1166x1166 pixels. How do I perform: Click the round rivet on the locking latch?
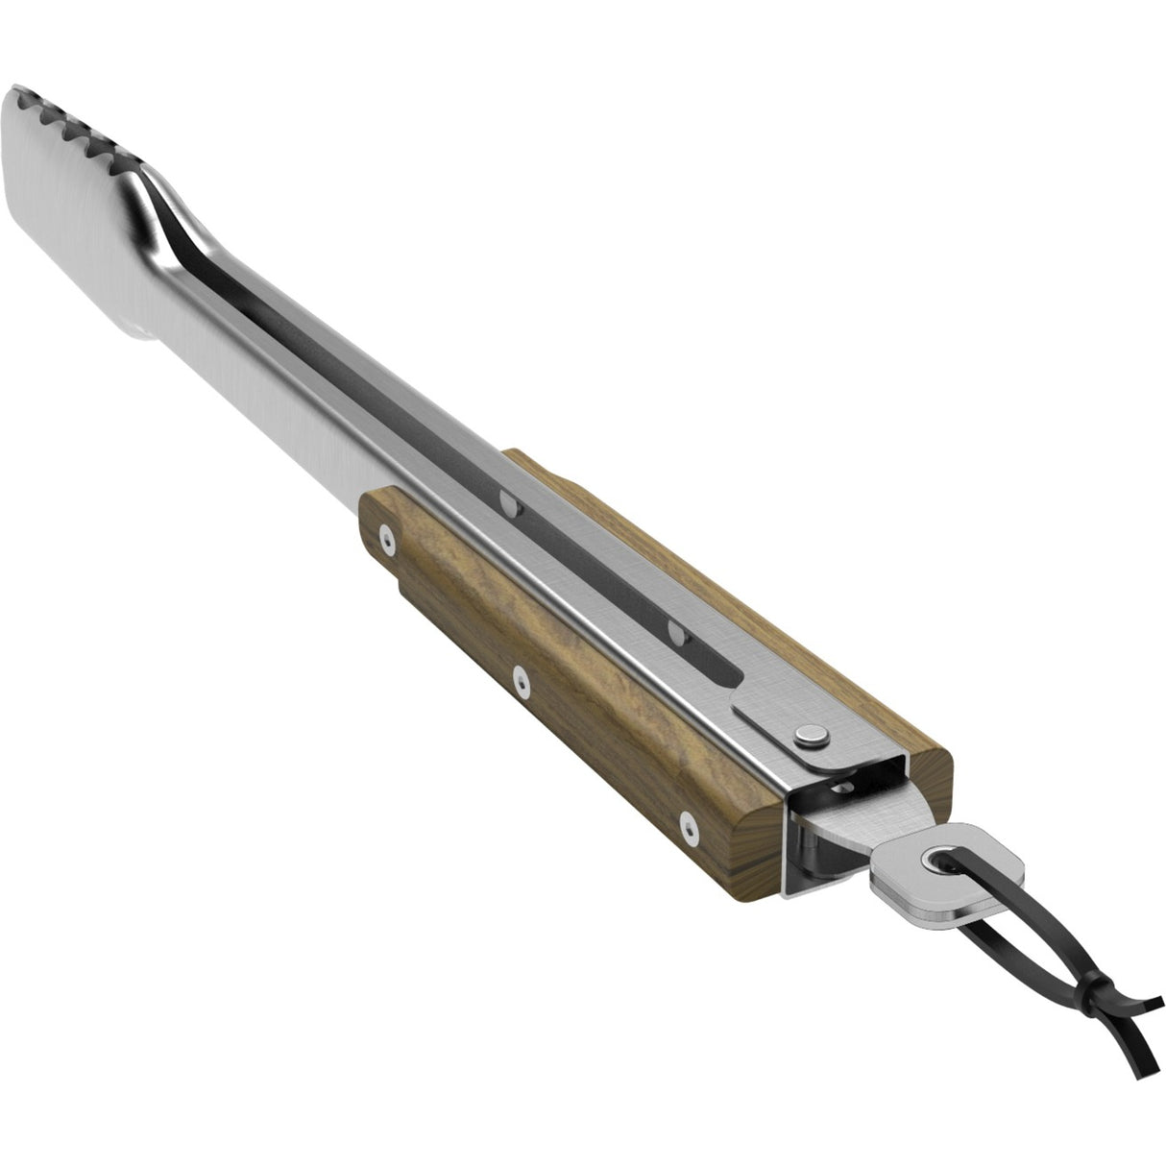811,737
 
